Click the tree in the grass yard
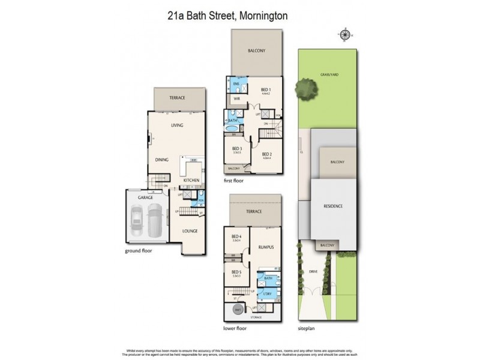coord(305,89)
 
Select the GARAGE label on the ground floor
coord(146,197)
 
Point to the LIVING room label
coord(177,125)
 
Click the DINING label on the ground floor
coord(161,160)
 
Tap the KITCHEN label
coord(191,180)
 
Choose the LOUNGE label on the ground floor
coord(190,230)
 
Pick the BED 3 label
coord(237,149)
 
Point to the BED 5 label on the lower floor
coord(236,272)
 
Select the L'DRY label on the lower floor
coord(266,295)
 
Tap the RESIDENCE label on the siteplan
coord(333,206)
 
